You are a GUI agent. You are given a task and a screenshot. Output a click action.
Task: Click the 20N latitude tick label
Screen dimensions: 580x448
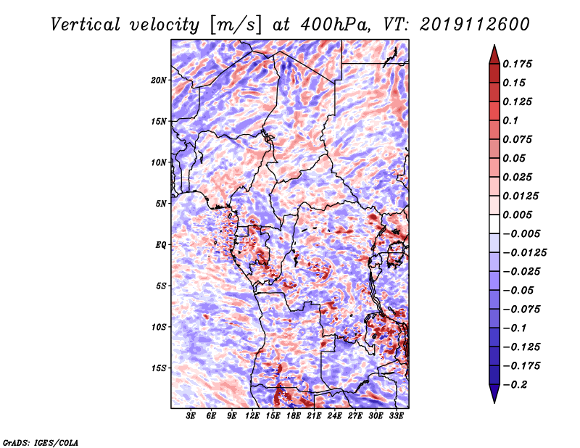tap(159, 80)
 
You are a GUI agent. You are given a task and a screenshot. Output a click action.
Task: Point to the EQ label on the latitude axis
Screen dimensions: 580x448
tap(161, 245)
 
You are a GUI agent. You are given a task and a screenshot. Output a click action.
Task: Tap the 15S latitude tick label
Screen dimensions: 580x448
tap(159, 368)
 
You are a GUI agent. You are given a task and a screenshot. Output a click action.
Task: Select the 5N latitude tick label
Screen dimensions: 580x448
tap(161, 204)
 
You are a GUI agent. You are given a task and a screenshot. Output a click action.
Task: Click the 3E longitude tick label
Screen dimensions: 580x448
tap(191, 416)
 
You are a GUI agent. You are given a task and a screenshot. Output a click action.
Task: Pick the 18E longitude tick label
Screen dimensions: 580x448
tap(294, 416)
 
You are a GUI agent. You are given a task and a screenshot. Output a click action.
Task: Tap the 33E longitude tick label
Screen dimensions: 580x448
tap(396, 416)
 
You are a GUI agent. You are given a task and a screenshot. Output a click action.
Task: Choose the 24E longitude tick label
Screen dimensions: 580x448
tap(334, 416)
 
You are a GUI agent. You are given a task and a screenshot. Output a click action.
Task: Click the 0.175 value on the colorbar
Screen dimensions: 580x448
tap(517, 65)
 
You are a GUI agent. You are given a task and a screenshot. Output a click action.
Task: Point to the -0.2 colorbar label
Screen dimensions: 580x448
tap(515, 385)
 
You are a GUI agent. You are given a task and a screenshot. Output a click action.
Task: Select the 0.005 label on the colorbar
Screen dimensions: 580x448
tap(517, 215)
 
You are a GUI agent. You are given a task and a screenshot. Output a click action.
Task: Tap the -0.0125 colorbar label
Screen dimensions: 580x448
tap(524, 253)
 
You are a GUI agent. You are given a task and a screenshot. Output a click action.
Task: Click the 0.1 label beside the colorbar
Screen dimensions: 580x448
tap(510, 120)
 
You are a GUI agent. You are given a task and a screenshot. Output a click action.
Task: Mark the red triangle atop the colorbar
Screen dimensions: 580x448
tap(494, 54)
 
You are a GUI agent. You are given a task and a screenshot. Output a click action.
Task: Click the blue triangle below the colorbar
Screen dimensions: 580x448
tap(494, 394)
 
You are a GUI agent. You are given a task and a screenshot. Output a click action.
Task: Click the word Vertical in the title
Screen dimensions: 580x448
tap(85, 25)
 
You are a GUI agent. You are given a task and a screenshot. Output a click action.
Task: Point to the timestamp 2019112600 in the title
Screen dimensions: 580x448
tap(475, 25)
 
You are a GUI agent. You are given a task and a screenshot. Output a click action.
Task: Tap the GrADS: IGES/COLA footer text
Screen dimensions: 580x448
tap(41, 443)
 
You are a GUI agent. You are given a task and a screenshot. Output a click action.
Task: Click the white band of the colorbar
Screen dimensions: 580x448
tap(494, 224)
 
